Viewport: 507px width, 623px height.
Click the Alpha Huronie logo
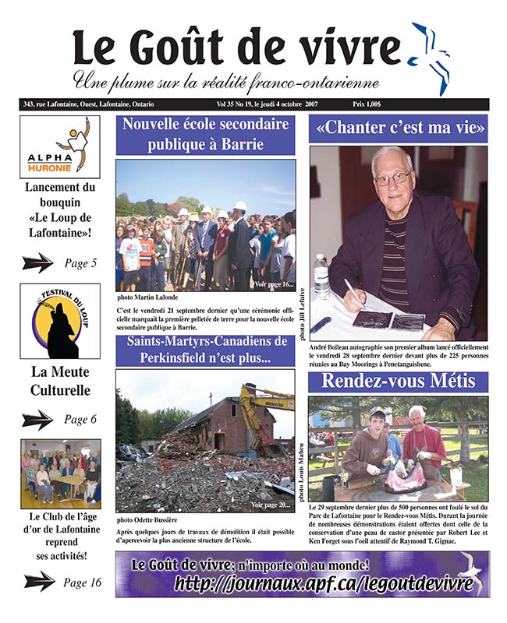(60, 147)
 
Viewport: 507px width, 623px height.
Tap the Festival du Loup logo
(60, 321)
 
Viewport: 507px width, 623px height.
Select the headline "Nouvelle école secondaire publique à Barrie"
(205, 134)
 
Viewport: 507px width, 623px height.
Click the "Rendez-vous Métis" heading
(399, 382)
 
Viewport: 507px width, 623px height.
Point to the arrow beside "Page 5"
(37, 263)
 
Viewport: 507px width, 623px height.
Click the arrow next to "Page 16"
(38, 582)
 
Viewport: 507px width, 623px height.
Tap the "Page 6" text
(80, 420)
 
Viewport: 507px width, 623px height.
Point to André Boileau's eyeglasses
(392, 178)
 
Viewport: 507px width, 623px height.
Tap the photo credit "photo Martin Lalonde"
(147, 297)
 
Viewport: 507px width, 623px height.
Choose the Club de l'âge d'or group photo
(60, 472)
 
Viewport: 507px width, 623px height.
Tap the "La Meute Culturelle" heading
(60, 381)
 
